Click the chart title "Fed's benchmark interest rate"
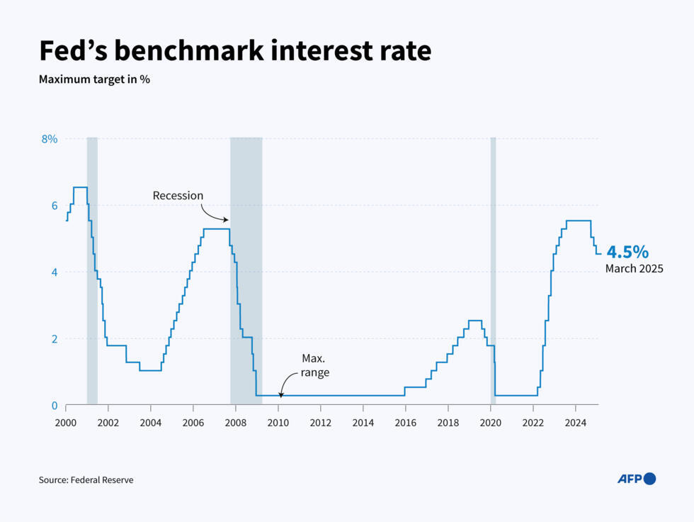click(234, 51)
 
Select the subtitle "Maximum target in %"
click(94, 79)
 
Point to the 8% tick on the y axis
click(49, 139)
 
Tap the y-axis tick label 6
click(53, 206)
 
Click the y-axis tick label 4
click(53, 272)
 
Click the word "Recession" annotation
click(178, 196)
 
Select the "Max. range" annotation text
click(314, 365)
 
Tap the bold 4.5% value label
click(627, 252)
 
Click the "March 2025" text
click(634, 269)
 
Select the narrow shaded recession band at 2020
click(493, 270)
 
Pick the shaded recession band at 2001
click(92, 270)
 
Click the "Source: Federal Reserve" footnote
click(86, 480)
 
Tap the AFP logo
click(637, 479)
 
